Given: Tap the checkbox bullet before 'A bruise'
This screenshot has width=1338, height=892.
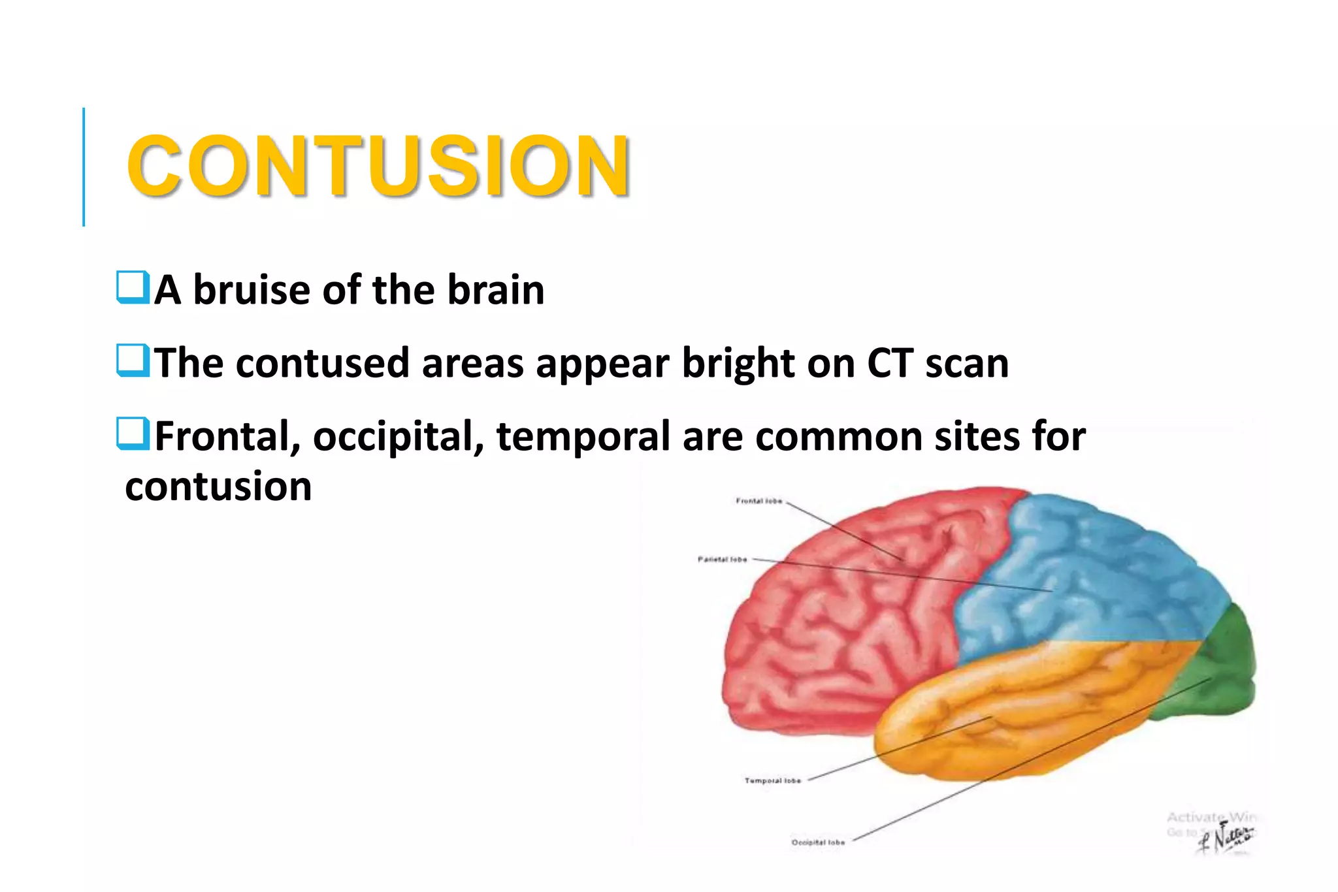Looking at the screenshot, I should click(133, 287).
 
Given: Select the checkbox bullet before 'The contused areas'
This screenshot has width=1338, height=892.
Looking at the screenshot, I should click(133, 360).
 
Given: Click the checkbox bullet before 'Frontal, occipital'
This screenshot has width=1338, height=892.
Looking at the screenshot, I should click(133, 434).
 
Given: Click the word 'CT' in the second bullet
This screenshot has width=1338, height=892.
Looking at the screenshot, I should click(890, 363).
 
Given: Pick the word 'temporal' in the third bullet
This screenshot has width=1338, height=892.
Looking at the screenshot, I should click(583, 438).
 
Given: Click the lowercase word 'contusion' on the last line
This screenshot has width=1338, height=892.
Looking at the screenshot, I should click(218, 486).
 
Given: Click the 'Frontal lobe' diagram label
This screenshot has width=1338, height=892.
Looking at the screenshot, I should click(759, 501).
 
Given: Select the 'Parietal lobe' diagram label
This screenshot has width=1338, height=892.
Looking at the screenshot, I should click(722, 559).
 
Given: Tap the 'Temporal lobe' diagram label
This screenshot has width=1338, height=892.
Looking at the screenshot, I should click(772, 780).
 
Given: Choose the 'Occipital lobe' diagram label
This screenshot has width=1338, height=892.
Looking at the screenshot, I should click(818, 842).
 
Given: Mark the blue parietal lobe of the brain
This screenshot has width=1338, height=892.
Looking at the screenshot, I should click(1098, 568).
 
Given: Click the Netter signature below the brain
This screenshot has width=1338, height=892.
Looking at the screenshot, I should click(1227, 839).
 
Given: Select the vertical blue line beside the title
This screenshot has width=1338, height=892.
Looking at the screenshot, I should click(84, 167).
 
